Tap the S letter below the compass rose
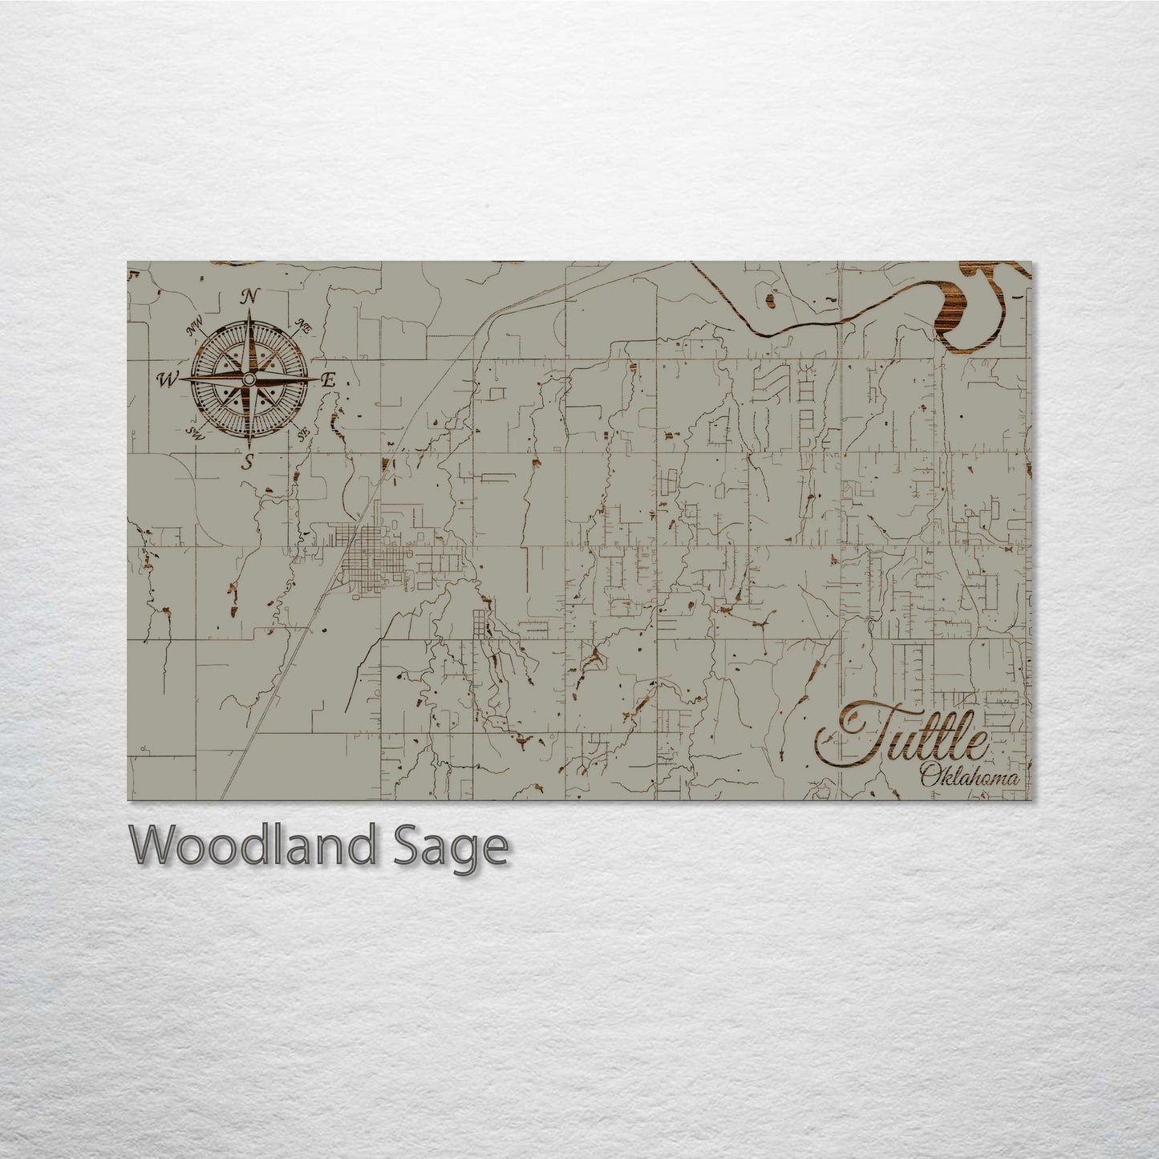(x=249, y=461)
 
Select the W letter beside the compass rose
(x=168, y=379)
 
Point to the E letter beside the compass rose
(x=326, y=382)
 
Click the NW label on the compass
(x=194, y=327)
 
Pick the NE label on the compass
(x=304, y=326)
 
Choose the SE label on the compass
(x=304, y=434)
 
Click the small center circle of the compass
(x=249, y=379)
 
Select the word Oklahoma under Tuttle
(x=970, y=776)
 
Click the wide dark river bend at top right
(x=954, y=317)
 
